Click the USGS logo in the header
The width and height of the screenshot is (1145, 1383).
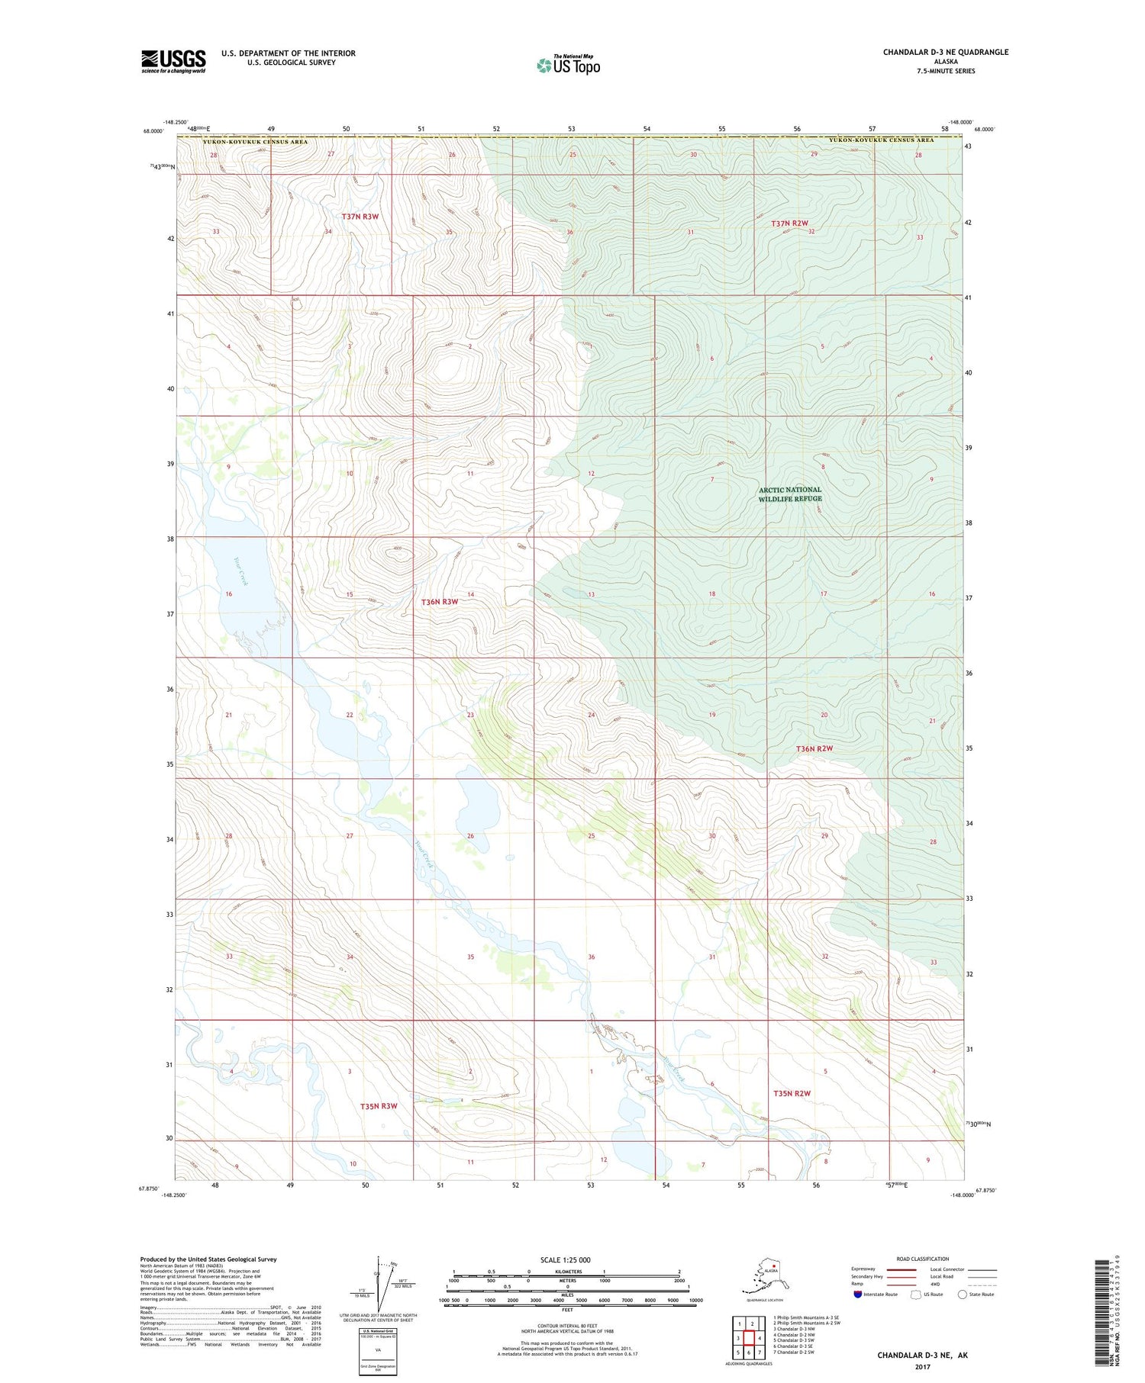(x=173, y=61)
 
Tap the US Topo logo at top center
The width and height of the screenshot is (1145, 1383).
(x=568, y=65)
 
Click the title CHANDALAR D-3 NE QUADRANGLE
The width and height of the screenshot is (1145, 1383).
(x=945, y=53)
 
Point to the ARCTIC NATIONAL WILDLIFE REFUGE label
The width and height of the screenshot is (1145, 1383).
(x=789, y=494)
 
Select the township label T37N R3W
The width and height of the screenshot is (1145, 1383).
(x=360, y=217)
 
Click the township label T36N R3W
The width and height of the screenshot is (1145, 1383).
(x=440, y=602)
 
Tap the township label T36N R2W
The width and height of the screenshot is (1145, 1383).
(x=814, y=748)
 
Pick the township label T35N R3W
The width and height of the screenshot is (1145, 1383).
(x=379, y=1106)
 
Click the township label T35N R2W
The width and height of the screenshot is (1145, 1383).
(x=791, y=1094)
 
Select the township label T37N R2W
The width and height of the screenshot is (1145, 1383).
(x=789, y=224)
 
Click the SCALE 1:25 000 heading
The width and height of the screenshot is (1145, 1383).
(x=565, y=1259)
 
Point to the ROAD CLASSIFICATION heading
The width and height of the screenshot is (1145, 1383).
(x=923, y=1259)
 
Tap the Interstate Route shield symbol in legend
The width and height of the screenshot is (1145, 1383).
(x=858, y=1294)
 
